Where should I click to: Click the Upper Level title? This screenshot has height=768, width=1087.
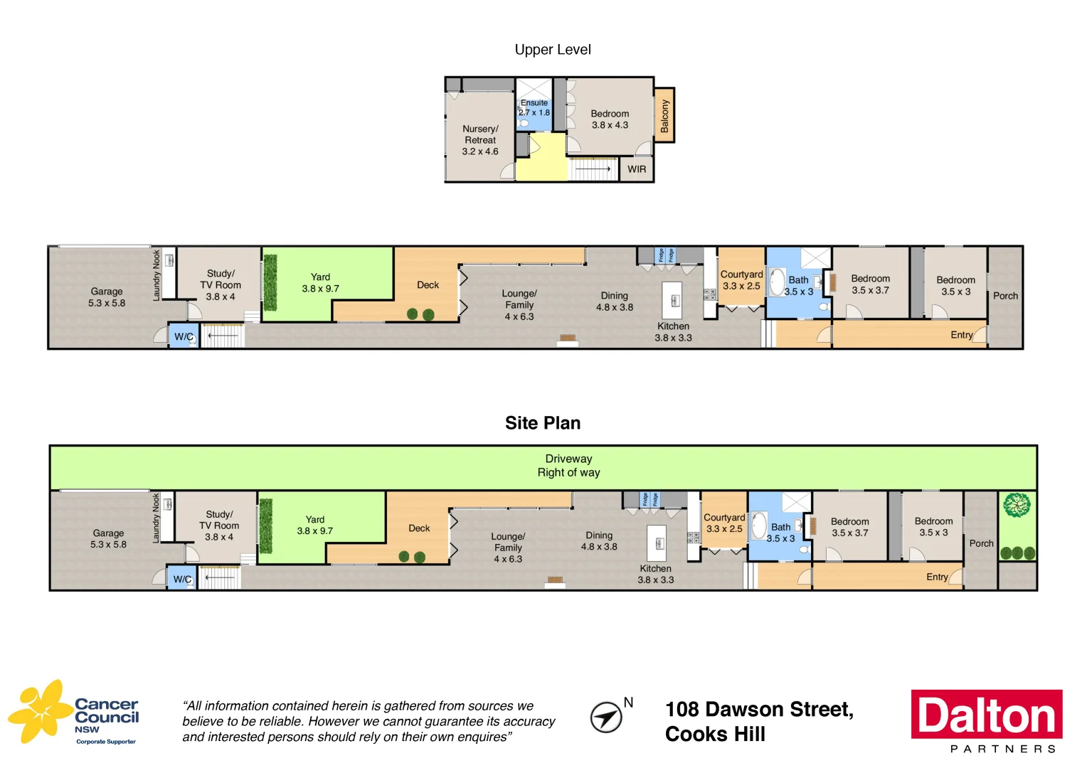tap(553, 50)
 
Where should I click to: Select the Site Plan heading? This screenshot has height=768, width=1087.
tap(543, 423)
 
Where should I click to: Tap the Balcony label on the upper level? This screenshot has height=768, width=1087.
tap(664, 116)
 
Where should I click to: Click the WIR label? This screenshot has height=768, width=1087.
tap(637, 169)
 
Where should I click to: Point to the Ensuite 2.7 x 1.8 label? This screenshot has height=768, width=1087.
tap(534, 107)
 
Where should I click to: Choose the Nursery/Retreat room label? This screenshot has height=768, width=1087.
tap(480, 140)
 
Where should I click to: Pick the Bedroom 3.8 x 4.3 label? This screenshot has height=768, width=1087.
tap(610, 119)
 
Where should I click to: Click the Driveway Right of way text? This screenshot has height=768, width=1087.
tap(568, 466)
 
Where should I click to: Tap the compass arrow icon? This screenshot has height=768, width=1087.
tap(605, 717)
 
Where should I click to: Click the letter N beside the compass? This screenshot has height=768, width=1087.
tap(628, 703)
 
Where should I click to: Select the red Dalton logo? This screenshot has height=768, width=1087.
tap(987, 715)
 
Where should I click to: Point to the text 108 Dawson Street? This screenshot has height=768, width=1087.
tap(759, 710)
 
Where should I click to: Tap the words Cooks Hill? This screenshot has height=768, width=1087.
tap(715, 735)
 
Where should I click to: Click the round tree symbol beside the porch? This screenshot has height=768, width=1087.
tap(1017, 505)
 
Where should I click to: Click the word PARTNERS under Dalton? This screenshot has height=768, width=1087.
tap(1002, 749)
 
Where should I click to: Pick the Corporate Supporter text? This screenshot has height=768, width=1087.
tap(106, 742)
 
